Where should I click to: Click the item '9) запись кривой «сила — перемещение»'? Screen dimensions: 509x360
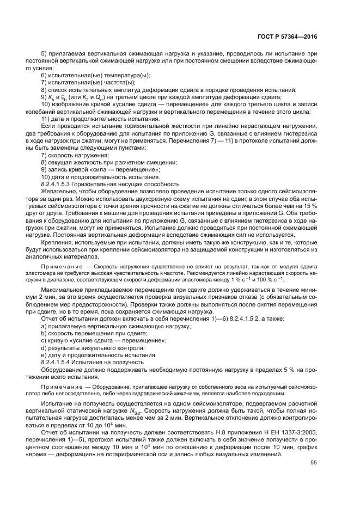coord(101,170)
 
